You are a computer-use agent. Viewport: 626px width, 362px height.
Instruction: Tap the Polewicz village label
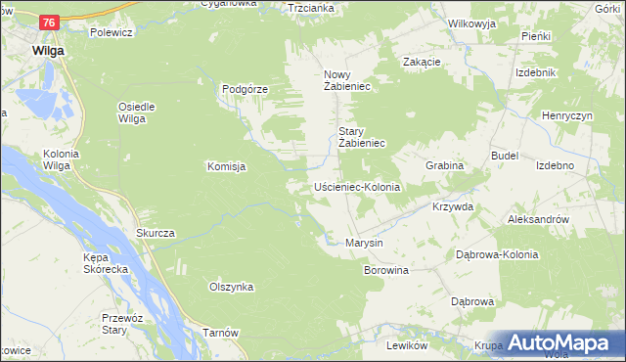[111, 32]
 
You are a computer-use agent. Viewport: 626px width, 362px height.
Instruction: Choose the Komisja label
[225, 166]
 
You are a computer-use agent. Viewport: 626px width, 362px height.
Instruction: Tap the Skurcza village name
[156, 233]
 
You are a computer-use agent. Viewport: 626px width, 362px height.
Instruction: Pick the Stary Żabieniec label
[363, 137]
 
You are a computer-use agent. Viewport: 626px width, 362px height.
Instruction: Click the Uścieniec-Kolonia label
[357, 186]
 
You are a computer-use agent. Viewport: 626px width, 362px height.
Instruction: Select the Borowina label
[385, 269]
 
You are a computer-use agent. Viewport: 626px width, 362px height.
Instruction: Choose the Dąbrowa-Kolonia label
[498, 254]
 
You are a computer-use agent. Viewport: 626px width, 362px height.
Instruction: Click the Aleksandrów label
[538, 220]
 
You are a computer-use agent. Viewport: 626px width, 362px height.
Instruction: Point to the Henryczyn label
[567, 115]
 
